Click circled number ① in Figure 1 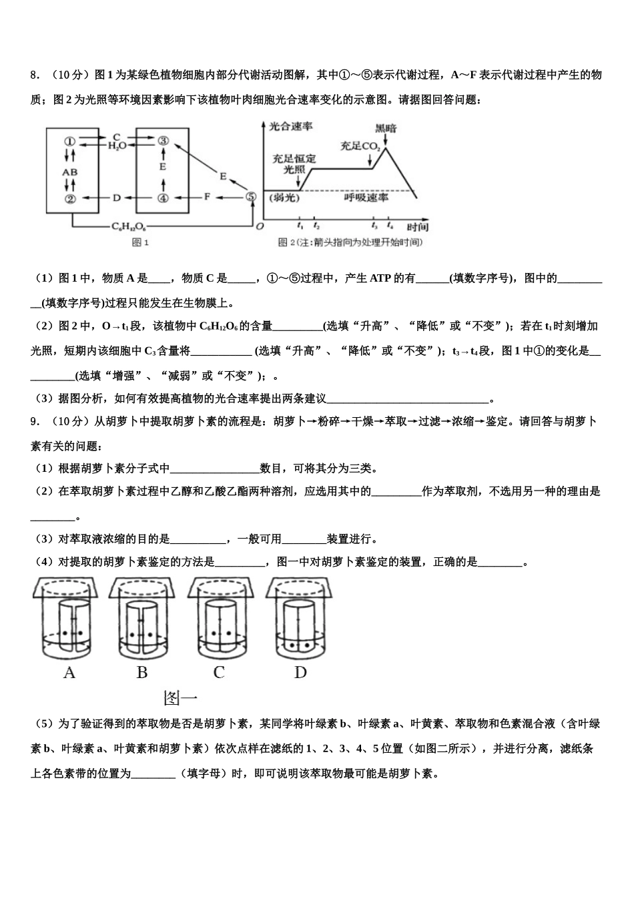click(x=70, y=141)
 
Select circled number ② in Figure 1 click(x=70, y=198)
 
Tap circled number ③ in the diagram click(x=162, y=141)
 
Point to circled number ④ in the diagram click(x=162, y=198)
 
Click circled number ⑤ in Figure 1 click(x=250, y=197)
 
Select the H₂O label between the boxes click(x=117, y=146)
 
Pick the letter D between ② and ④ click(x=116, y=198)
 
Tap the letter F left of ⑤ click(x=207, y=197)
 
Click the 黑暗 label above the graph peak click(x=385, y=128)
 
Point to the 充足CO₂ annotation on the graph click(x=360, y=145)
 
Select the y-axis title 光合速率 click(x=291, y=126)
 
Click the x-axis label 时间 click(x=417, y=228)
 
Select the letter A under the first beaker click(x=69, y=673)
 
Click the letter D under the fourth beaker click(x=300, y=673)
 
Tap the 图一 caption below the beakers click(x=180, y=699)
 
